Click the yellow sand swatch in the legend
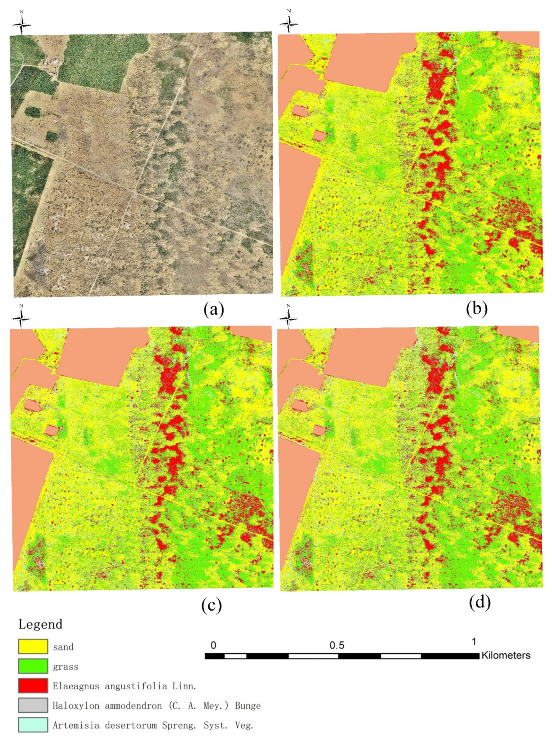pos(33,647)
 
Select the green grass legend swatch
pos(33,666)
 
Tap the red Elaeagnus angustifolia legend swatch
pos(33,686)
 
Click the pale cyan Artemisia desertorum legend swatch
pos(33,725)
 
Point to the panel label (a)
pos(213,310)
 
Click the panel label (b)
pos(476,309)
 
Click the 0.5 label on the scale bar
pos(337,645)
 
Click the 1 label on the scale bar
pos(474,641)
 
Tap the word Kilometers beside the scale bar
pos(506,655)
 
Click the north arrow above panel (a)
pos(22,23)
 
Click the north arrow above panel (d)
pos(288,317)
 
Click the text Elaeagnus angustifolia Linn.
pos(124,686)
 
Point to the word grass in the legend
pos(66,667)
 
